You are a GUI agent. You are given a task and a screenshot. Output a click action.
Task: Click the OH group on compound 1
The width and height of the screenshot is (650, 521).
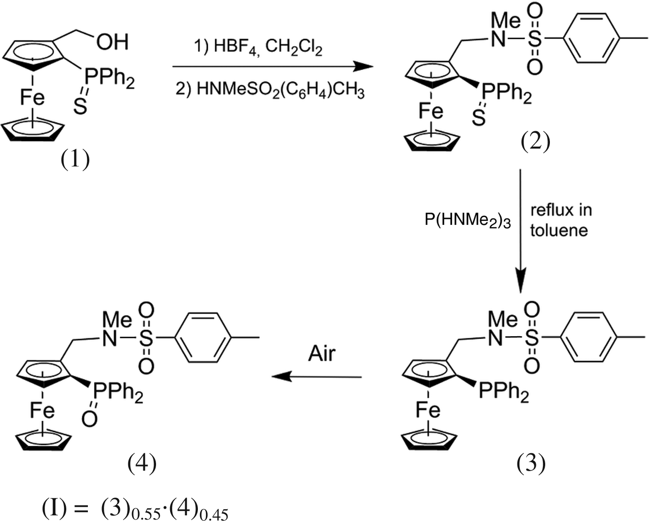click(112, 42)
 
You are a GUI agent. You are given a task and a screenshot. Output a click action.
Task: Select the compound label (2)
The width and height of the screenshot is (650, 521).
click(535, 142)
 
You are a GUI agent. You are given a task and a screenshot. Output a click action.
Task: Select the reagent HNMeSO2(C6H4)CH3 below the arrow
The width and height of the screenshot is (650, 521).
click(270, 89)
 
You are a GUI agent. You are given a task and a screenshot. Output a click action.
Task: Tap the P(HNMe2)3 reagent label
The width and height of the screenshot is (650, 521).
click(467, 220)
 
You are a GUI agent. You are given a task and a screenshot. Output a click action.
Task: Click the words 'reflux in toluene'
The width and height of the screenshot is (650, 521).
click(560, 220)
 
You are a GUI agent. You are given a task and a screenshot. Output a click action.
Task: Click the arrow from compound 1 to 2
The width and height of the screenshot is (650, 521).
click(273, 67)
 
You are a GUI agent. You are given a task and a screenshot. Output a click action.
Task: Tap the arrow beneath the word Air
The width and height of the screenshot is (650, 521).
click(317, 377)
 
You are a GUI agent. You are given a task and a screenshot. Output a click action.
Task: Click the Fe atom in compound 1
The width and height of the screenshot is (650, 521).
click(32, 97)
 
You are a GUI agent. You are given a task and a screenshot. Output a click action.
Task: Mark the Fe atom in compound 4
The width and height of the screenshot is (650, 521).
click(42, 410)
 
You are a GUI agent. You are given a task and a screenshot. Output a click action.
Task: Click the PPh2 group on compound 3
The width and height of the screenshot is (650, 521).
click(503, 391)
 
